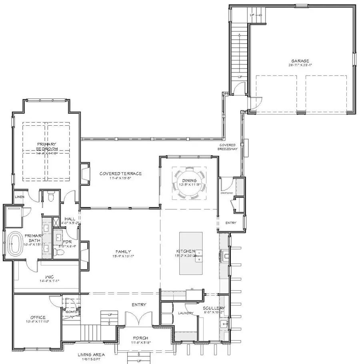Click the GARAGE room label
coord(300,61)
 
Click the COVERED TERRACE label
coord(120,173)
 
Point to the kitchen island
coord(190,253)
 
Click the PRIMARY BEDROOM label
coord(46,146)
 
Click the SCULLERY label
coord(214,308)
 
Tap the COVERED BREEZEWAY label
coord(227,147)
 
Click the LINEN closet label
coord(19,197)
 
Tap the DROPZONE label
coord(226,193)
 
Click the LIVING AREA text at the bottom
coord(91,355)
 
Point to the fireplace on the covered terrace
coord(85,173)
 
